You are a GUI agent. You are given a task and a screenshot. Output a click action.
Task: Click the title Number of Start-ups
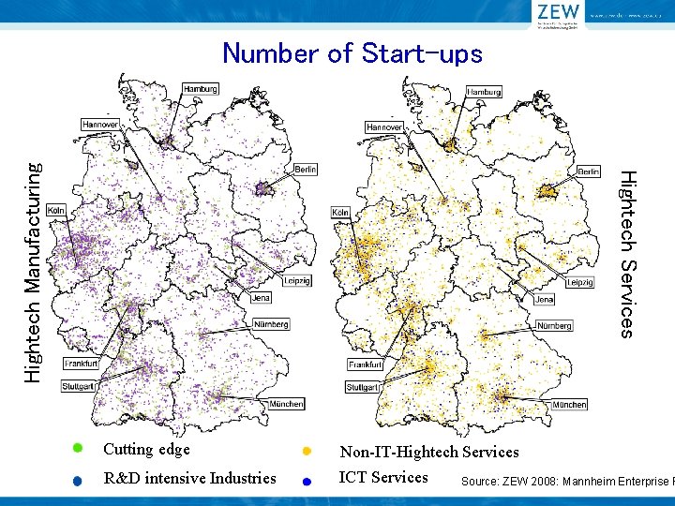tap(352, 53)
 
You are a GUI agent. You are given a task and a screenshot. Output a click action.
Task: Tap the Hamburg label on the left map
tap(201, 89)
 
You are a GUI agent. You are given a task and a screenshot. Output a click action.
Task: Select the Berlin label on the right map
tap(588, 172)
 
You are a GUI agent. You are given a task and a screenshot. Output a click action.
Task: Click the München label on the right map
tap(569, 405)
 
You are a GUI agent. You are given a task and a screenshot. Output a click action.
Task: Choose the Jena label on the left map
tap(262, 297)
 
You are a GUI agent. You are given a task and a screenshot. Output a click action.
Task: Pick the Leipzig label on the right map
tap(579, 282)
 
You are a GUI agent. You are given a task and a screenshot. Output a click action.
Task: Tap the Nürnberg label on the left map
tap(272, 324)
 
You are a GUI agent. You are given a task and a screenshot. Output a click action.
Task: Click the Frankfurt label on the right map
tap(366, 365)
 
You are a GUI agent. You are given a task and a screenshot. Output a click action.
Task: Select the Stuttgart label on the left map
tap(79, 387)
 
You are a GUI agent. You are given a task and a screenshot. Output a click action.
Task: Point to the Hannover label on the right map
tap(384, 126)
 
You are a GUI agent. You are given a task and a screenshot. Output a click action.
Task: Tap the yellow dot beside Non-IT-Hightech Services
tap(306, 452)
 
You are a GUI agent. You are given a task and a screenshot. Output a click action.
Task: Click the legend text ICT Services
tap(383, 477)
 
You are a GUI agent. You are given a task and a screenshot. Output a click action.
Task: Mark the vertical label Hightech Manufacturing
tap(32, 272)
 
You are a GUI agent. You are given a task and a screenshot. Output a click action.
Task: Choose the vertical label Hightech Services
tap(629, 253)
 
